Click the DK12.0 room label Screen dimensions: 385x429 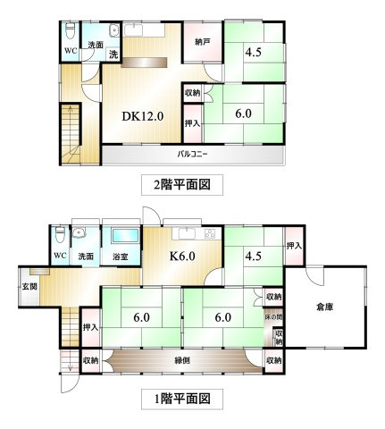[x=143, y=116]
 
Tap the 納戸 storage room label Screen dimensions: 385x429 [x=203, y=42]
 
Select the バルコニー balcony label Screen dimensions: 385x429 [x=192, y=154]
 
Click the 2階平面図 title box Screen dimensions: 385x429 [x=182, y=185]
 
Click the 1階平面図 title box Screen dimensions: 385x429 [x=182, y=399]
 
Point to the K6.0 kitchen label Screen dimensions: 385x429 [x=182, y=256]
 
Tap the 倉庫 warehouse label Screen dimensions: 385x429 [x=324, y=307]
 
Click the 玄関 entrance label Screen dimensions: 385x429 [x=30, y=287]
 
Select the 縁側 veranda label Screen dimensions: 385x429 [x=182, y=360]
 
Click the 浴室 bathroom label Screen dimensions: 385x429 [x=121, y=256]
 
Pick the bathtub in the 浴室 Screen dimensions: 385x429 [x=125, y=236]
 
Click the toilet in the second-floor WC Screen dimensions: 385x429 [x=71, y=30]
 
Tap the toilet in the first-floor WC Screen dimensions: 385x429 [x=60, y=234]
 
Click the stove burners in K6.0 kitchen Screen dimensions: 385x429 [x=210, y=233]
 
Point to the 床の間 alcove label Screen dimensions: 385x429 [x=273, y=317]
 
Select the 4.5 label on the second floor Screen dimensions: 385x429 [x=254, y=52]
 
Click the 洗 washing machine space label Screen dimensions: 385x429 [x=113, y=55]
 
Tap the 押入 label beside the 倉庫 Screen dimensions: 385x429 [x=294, y=246]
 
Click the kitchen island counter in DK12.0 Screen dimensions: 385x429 [x=144, y=63]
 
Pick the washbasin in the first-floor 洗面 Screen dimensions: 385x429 [x=80, y=232]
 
